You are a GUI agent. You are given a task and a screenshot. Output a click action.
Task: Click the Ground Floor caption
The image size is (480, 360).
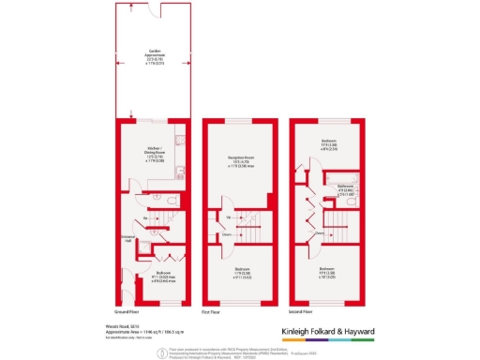(x=133, y=309)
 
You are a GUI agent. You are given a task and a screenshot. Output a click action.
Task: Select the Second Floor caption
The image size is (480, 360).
(x=302, y=309)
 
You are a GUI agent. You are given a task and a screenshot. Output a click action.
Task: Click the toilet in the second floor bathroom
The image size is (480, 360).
(x=353, y=201)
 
